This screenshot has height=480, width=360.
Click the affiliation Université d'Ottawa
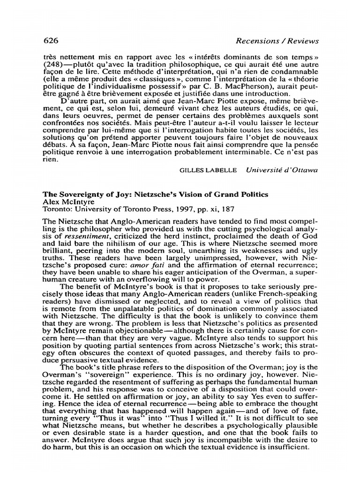point(281,170)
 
